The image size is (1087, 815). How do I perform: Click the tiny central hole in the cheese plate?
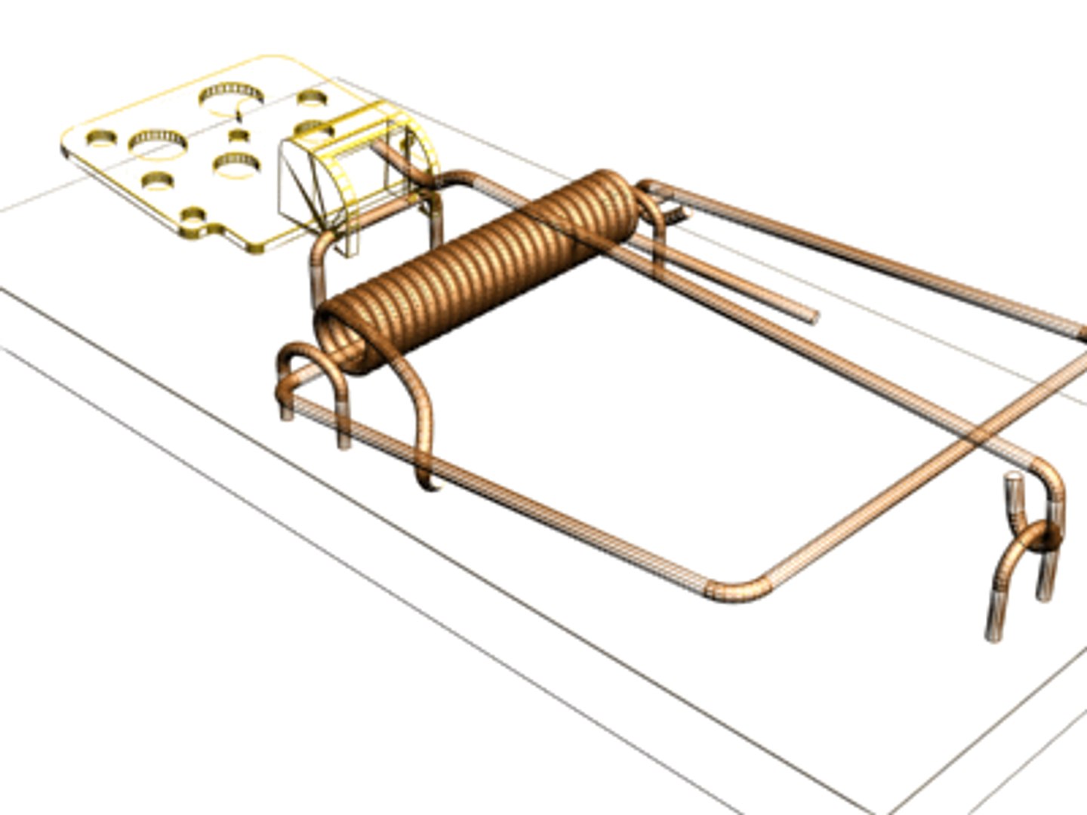tap(239, 136)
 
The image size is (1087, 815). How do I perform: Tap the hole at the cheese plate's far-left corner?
tap(101, 138)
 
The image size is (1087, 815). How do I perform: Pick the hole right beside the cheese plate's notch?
tap(195, 215)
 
